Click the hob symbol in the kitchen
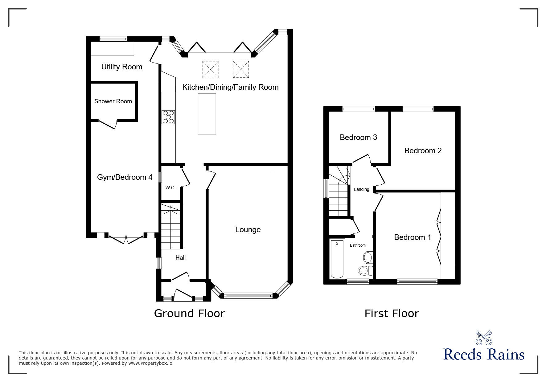point(168,117)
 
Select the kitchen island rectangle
point(207,114)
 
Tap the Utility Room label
point(122,67)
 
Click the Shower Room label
point(113,101)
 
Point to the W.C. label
point(170,187)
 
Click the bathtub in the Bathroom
point(336,259)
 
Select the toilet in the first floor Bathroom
point(366,271)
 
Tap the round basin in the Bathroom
point(368,257)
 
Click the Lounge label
point(248,229)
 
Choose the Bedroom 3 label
point(358,137)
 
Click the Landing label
point(361,189)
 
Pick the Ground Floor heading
point(189,313)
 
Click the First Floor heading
point(392,314)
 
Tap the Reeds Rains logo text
point(484,355)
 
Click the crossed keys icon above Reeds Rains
point(484,338)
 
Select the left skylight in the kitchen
point(210,69)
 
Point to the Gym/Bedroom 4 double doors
point(126,240)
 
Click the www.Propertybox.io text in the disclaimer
point(150,363)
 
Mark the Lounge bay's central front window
point(248,296)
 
